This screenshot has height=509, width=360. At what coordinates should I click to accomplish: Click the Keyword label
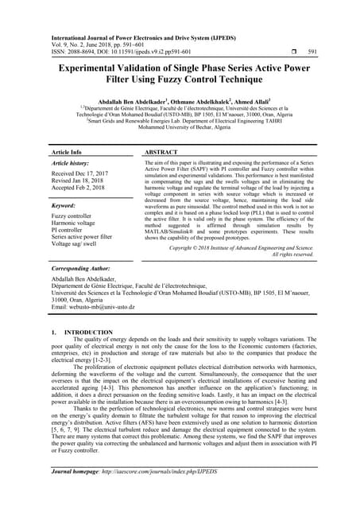coord(68,204)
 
